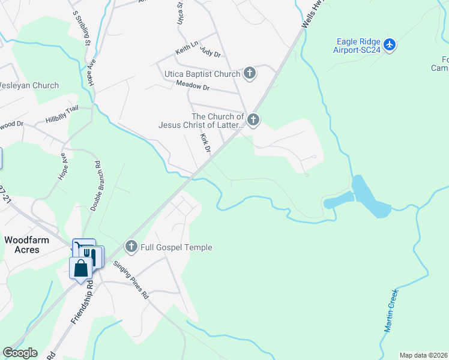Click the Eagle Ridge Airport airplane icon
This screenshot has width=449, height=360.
390,44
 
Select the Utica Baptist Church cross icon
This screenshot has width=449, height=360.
250,74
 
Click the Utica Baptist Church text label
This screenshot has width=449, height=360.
202,74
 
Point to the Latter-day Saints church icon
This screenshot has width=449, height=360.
253,121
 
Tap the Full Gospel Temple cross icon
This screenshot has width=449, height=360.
131,246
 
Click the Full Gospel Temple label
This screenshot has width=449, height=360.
176,247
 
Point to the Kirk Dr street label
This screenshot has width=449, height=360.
205,143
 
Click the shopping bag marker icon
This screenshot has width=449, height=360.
80,268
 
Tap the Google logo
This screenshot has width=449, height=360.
20,353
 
